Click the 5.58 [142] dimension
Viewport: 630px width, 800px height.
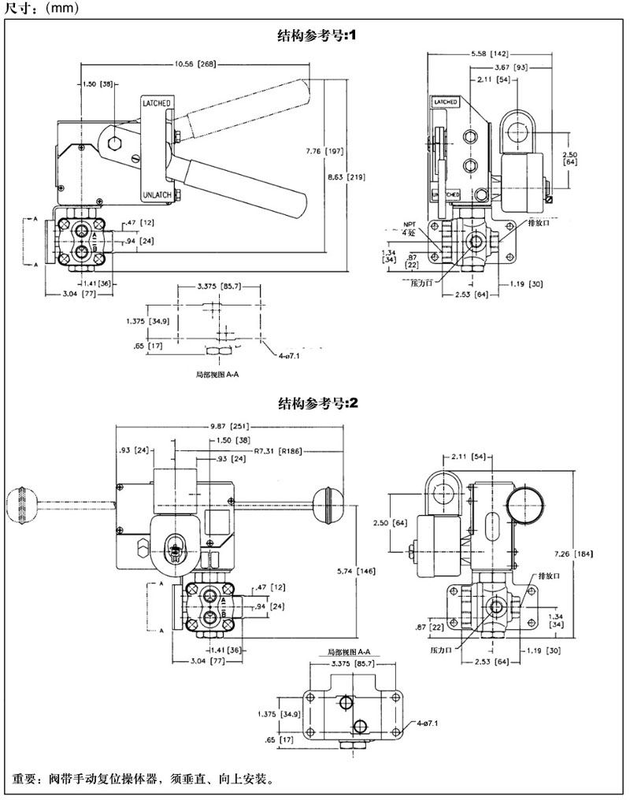click(x=489, y=54)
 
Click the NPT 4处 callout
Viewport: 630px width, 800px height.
click(x=409, y=228)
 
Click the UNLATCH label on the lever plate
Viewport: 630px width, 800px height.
click(x=157, y=194)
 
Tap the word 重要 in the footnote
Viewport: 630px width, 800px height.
click(x=24, y=780)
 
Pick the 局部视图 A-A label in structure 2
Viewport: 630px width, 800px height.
click(x=349, y=653)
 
